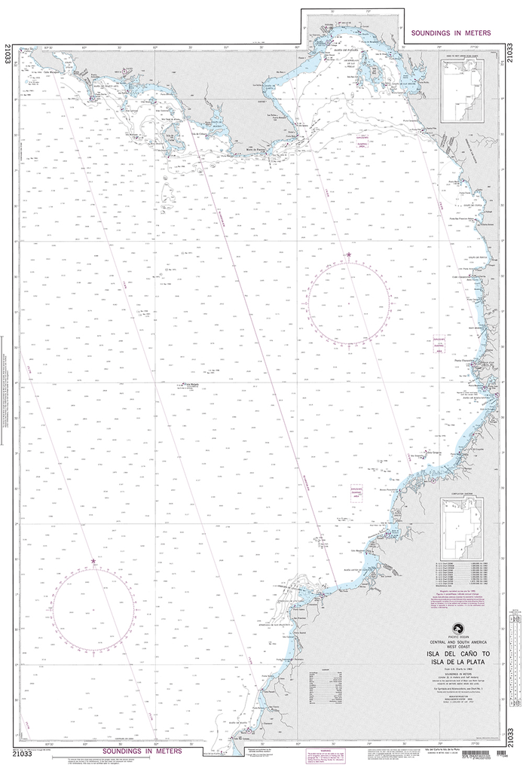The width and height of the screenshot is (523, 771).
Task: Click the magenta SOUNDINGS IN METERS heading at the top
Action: click(451, 34)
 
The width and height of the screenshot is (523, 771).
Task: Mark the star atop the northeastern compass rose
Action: click(349, 256)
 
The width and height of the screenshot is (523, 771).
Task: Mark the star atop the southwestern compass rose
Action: click(93, 561)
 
